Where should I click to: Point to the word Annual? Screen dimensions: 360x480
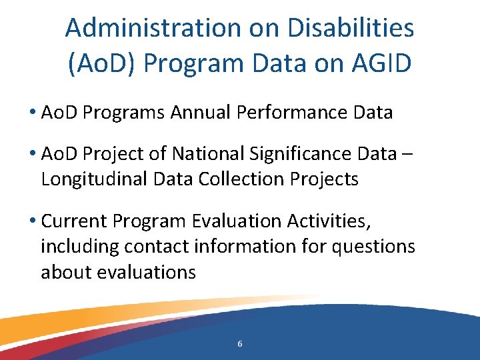(x=202, y=112)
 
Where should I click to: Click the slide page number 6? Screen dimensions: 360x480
(x=240, y=344)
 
